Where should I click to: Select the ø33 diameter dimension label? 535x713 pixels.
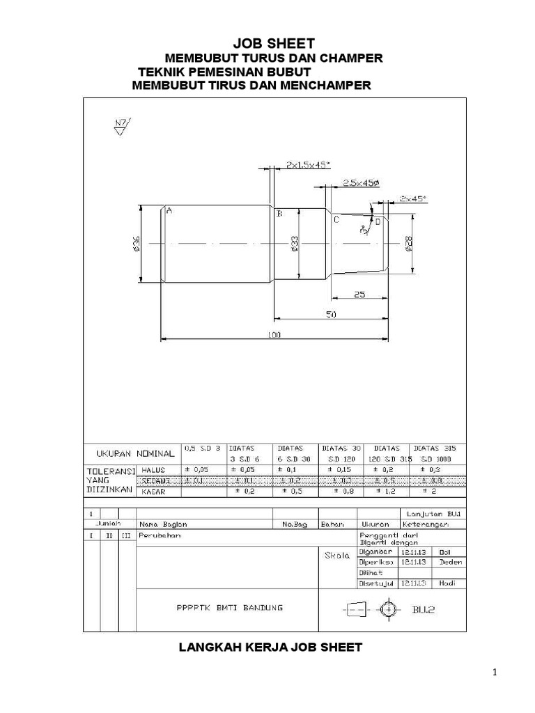click(294, 243)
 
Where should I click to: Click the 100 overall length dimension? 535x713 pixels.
click(273, 335)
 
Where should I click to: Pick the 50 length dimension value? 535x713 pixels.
click(332, 315)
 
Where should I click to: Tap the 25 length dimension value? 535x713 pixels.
click(359, 295)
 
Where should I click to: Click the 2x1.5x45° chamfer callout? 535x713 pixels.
click(308, 165)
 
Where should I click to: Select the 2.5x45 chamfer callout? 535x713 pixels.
click(360, 182)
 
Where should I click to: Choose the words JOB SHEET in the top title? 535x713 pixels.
click(267, 44)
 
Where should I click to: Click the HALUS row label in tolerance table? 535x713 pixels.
click(154, 470)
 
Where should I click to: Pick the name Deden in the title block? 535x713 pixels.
click(447, 561)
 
